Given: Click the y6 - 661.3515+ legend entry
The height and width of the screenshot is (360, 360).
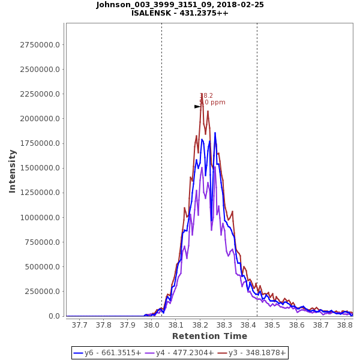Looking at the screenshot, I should (x=108, y=353).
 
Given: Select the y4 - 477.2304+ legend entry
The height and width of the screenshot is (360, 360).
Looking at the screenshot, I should (x=181, y=353).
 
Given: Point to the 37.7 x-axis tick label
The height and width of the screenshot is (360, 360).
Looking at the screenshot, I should (x=79, y=325).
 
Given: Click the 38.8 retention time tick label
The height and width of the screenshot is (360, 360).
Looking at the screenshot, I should (x=344, y=325).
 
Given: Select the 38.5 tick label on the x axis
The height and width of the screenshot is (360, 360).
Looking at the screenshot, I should (x=272, y=325).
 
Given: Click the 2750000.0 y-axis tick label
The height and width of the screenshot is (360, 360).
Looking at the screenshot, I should (x=40, y=45).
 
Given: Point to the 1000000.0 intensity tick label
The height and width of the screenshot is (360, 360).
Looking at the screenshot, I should (x=40, y=218).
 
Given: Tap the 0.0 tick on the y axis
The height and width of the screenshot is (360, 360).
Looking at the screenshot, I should (x=55, y=316).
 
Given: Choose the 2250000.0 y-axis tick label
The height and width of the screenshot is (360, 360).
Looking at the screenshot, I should (x=40, y=94).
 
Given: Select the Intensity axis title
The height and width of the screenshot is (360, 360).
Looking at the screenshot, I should (x=12, y=171).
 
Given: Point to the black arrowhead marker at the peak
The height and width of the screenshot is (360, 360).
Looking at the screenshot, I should (x=197, y=106).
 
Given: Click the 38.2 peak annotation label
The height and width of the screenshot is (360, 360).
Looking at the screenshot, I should (x=206, y=95).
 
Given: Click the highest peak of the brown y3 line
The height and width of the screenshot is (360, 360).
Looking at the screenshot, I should (x=202, y=94).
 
